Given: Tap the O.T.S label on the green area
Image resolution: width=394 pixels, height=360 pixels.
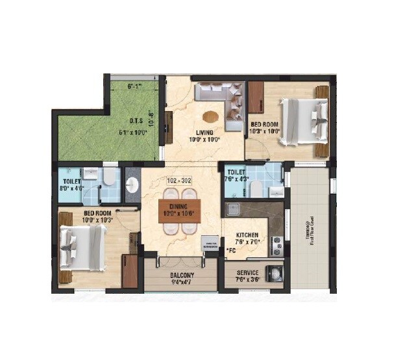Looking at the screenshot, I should (x=136, y=120).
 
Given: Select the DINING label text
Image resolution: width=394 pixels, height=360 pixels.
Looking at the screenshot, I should (x=179, y=205).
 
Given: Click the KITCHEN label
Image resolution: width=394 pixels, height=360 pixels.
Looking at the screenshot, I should (x=247, y=235).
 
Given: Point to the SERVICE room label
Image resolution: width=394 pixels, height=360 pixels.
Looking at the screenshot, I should (x=247, y=273).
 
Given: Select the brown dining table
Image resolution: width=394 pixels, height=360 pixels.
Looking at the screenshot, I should (x=179, y=211).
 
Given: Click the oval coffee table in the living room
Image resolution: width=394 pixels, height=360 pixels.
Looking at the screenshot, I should (x=210, y=117).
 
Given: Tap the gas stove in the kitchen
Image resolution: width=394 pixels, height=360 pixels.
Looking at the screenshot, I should (x=277, y=244).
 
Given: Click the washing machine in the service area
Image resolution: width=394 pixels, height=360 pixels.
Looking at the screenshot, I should (x=277, y=268).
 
